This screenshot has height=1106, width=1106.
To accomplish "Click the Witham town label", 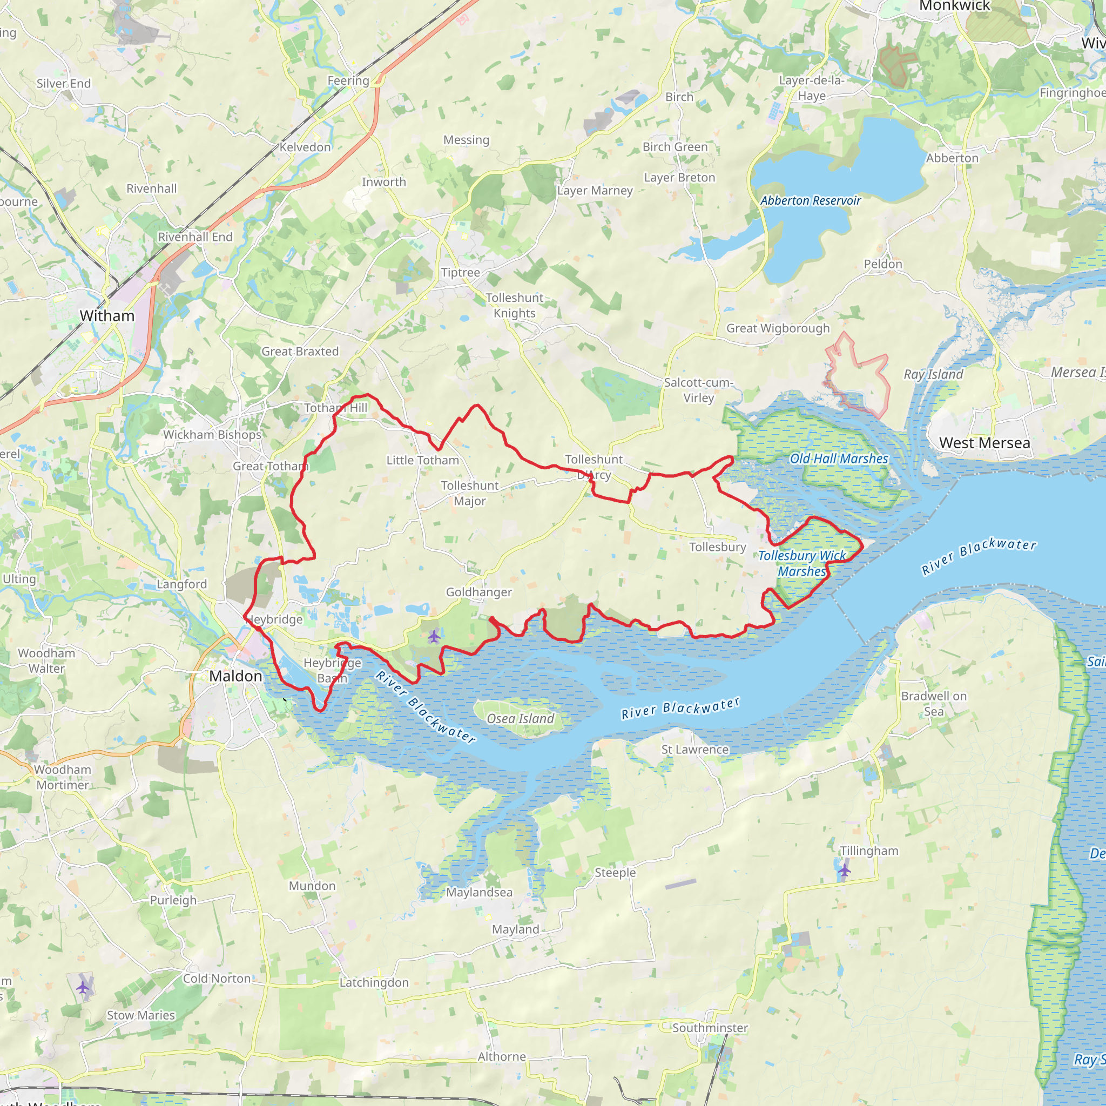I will coord(107,315).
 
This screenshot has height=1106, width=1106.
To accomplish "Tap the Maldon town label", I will coord(235,676).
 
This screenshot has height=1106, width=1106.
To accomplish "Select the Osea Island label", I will coord(521,718).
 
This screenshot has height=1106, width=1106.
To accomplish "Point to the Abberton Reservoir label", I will coord(810,200).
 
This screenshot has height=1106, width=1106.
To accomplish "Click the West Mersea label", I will coord(984,443).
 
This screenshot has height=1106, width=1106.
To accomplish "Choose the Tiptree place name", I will coord(460,273).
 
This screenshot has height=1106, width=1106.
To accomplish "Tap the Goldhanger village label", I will coord(478,592).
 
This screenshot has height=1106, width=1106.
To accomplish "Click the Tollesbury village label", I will coord(717,547).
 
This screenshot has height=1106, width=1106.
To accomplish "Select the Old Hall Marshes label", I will coord(839,458).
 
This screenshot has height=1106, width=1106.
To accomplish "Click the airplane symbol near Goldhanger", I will coord(434,636).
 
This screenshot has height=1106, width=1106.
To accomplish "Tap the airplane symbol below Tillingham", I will coord(845,871).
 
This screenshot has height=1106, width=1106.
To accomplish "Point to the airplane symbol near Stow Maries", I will coord(83,987).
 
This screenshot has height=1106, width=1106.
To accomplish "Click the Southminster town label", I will coord(710,1028).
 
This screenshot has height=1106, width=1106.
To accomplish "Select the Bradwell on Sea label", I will coord(934,704).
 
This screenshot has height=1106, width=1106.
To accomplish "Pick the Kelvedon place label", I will coord(305,147).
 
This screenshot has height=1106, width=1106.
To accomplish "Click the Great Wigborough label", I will coord(778,328).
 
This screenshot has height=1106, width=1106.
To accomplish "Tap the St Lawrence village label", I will coord(695,750).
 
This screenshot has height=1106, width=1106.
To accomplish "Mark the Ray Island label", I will coord(933,374).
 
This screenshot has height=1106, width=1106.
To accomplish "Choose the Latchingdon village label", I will coord(374,982).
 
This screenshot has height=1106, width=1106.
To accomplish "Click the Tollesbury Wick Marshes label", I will coord(802,563).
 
